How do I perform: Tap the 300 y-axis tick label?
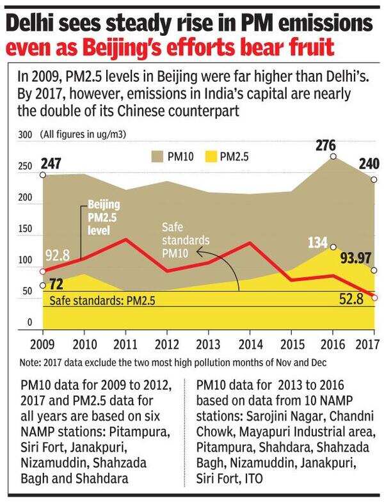[x=24, y=135]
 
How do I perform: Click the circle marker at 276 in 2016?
[x=333, y=156]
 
